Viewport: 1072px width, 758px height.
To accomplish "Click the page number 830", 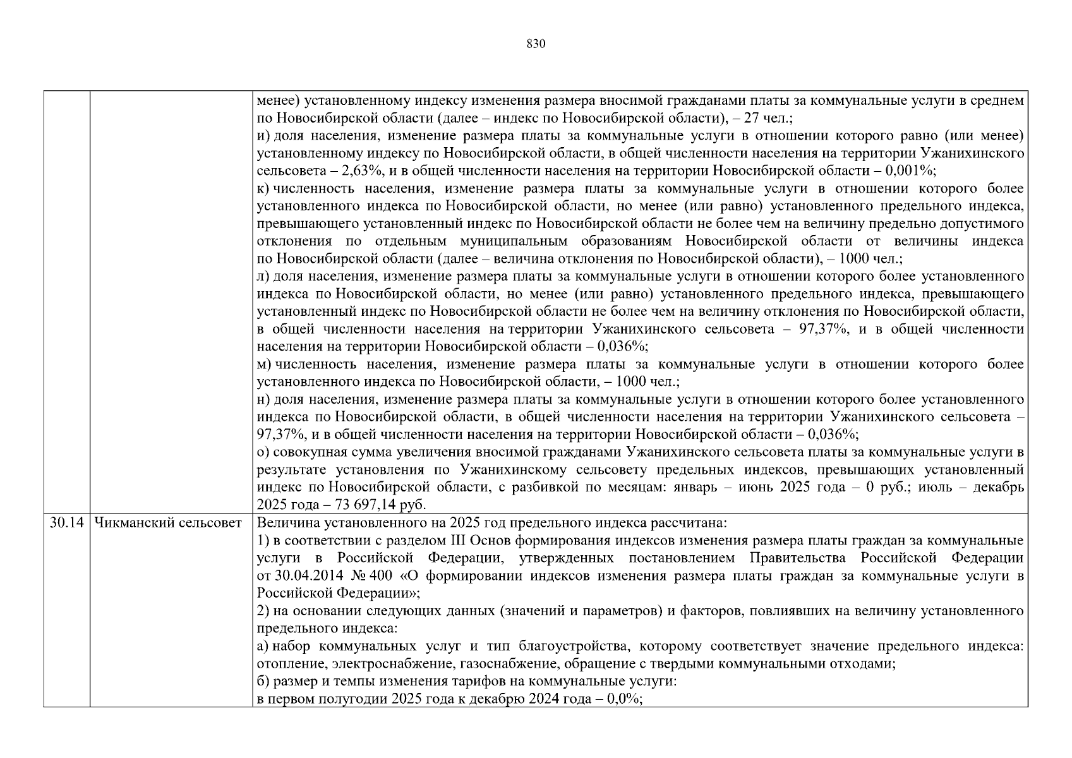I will tap(535, 44).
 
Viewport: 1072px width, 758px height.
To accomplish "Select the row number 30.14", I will tap(66, 523).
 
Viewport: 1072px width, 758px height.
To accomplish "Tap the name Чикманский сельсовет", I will tap(167, 523).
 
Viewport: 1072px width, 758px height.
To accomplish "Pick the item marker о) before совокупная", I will tap(263, 452).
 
